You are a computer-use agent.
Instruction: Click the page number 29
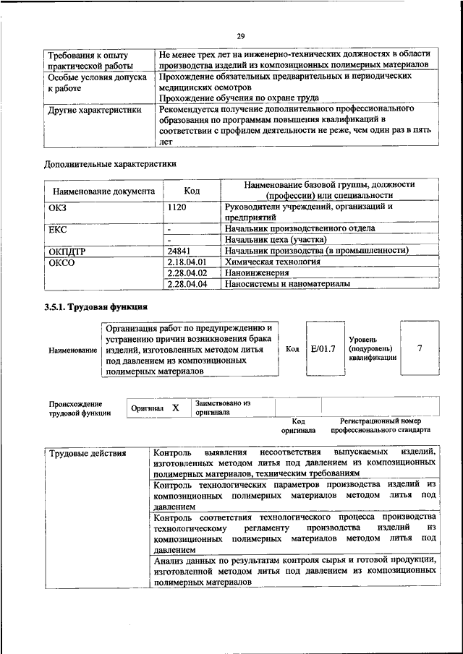[241, 36]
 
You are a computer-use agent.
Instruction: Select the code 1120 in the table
[177, 207]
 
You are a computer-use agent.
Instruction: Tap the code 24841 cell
[179, 250]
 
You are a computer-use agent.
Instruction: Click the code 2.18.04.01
[187, 262]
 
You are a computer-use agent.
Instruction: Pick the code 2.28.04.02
[187, 273]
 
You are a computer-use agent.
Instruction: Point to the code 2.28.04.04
[187, 285]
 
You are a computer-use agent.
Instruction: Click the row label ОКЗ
[57, 207]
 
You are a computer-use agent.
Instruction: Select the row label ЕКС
[57, 228]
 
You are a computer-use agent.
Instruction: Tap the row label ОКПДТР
[67, 250]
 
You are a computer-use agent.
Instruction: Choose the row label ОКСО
[61, 262]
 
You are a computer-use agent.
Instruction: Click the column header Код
[192, 191]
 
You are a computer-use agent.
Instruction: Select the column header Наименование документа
[102, 192]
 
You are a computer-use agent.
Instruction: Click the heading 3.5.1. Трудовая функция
[90, 307]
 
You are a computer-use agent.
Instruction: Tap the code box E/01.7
[323, 349]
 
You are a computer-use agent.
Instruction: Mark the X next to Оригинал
[175, 408]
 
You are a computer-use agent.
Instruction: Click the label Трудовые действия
[88, 454]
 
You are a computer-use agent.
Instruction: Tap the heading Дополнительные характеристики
[110, 164]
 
